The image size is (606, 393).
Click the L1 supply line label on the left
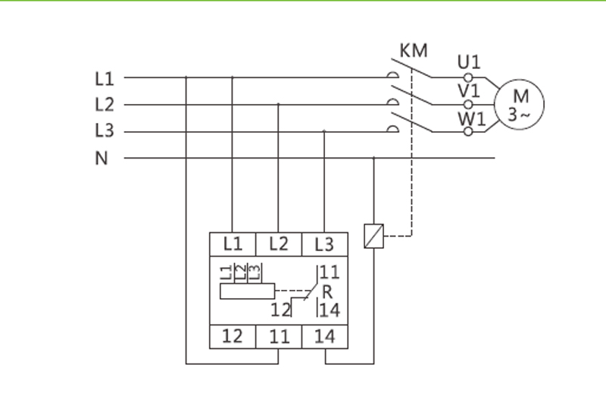coord(104,77)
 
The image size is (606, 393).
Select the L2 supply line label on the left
coord(104,105)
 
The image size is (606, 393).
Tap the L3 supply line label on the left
coord(104,131)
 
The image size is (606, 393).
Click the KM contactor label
coord(413,52)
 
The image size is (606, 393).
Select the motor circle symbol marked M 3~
coord(519,105)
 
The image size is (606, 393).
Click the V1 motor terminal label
coord(469,90)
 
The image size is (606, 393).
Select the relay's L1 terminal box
coord(233,244)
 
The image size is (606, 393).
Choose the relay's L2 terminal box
coord(279,244)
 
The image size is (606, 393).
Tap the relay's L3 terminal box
coord(324,244)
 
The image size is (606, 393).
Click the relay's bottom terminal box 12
coord(233,335)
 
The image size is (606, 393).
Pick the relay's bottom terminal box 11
coord(279,335)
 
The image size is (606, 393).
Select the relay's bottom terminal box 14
coord(324,335)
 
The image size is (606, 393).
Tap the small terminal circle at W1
coord(468,131)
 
